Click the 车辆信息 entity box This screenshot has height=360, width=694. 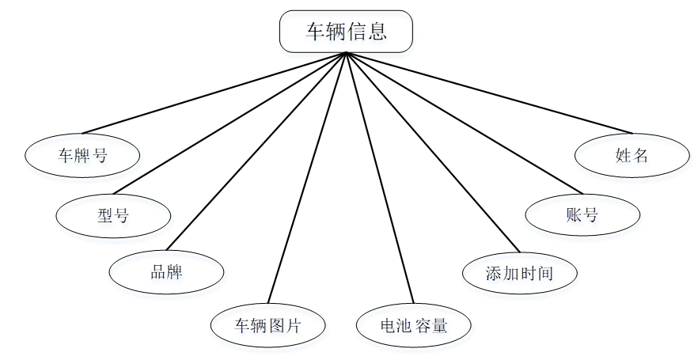coord(346,32)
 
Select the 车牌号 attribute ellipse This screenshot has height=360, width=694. coord(82,155)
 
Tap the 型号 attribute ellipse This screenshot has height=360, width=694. coord(113,214)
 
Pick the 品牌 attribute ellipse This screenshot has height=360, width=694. coord(166,272)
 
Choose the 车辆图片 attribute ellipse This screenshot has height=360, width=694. coord(267,324)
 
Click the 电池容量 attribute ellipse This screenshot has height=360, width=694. coord(414,324)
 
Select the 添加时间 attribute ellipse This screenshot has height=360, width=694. coord(519,273)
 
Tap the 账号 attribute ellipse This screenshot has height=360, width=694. coord(582,214)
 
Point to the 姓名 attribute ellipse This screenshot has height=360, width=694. coord(631,155)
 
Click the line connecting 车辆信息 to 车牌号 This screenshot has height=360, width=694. coord(214,93)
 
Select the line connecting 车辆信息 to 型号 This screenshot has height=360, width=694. coord(229,123)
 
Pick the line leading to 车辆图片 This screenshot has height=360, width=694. coord(307,179)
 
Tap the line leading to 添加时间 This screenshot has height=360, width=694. coord(432,152)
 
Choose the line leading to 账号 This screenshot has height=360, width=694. coord(464,123)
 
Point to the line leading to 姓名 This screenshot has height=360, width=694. coord(489,93)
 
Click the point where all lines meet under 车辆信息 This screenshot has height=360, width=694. coord(346,54)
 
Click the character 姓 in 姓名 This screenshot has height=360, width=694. coord(622,156)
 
